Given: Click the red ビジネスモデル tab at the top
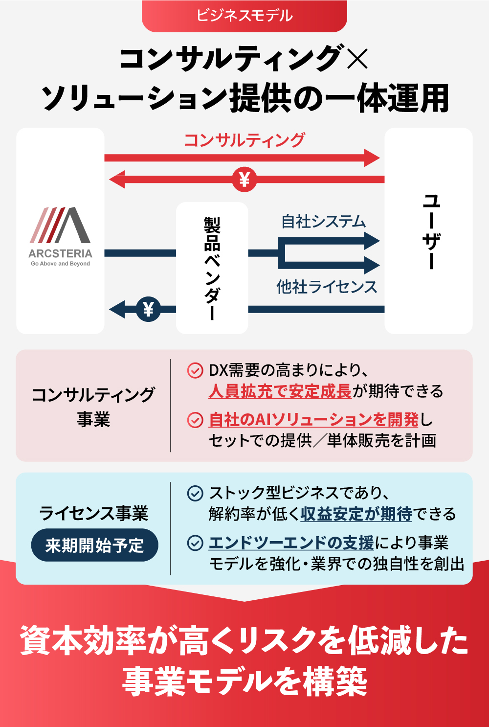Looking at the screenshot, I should pos(244,16).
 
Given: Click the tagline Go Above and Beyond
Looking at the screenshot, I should pos(60,264).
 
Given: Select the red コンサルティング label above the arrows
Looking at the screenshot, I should pos(244,140).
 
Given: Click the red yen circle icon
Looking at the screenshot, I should pos(244,180).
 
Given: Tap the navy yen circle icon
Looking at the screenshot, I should pos(148,309).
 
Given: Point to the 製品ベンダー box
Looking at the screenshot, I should pos(212,268).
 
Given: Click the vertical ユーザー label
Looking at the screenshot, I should pos(431,231).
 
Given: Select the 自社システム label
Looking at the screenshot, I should pos(323,222).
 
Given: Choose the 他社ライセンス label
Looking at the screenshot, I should pos(327,287).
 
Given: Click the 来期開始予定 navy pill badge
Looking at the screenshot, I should pos(94,545).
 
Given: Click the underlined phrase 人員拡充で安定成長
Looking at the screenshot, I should pos(280,391).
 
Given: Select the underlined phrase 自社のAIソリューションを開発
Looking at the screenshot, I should pos(313,420).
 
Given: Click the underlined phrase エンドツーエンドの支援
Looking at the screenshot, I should pos(291,543).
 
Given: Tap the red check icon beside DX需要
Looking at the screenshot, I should pos(195,370).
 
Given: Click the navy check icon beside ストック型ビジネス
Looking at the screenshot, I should pos(195,493).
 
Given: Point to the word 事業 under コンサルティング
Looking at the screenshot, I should pos(93,420).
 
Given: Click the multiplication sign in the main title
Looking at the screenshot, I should pos(356,59).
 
